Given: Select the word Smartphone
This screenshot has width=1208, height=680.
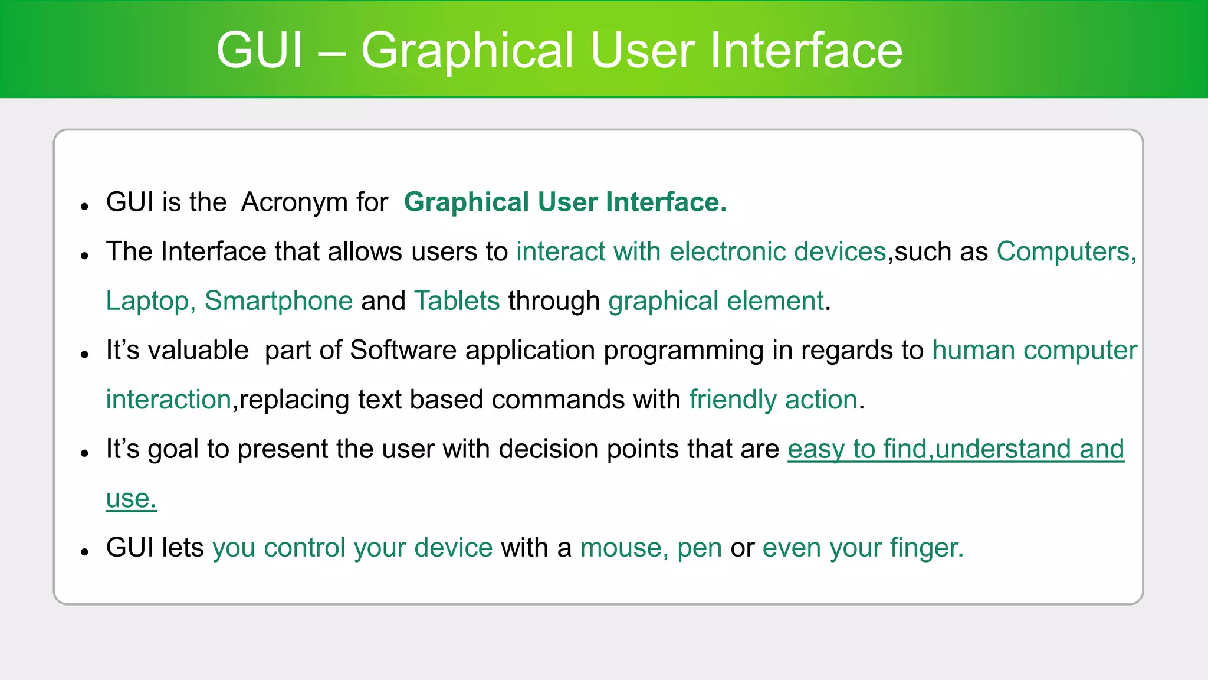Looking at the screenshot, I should coord(278,301).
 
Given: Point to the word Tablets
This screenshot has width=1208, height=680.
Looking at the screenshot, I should coord(457,301).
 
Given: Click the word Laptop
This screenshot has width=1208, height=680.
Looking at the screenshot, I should coord(147,302).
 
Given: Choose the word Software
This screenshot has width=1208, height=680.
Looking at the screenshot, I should coord(403,351).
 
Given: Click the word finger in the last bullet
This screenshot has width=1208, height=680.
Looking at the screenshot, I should coord(926,548).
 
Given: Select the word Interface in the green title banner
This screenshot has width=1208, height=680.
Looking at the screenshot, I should coord(806,51).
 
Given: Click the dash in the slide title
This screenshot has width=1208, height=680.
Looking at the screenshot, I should coord(331,53).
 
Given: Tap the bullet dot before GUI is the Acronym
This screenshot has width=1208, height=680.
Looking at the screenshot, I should coord(85,207).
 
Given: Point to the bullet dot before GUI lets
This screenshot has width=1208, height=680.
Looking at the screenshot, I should coord(85,552).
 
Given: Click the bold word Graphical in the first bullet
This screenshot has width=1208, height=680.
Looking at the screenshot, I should coord(467,203).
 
